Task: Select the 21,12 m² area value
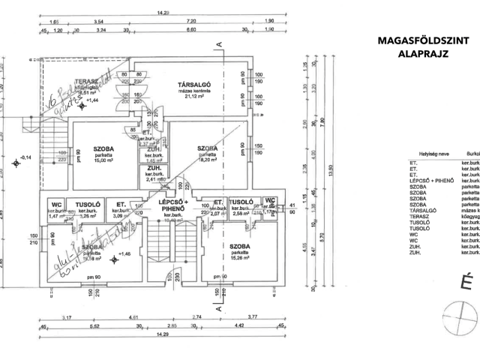click(193, 96)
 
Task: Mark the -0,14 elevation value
click(26, 157)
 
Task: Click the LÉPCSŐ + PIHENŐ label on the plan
click(172, 206)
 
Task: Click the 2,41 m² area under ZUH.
click(155, 179)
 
